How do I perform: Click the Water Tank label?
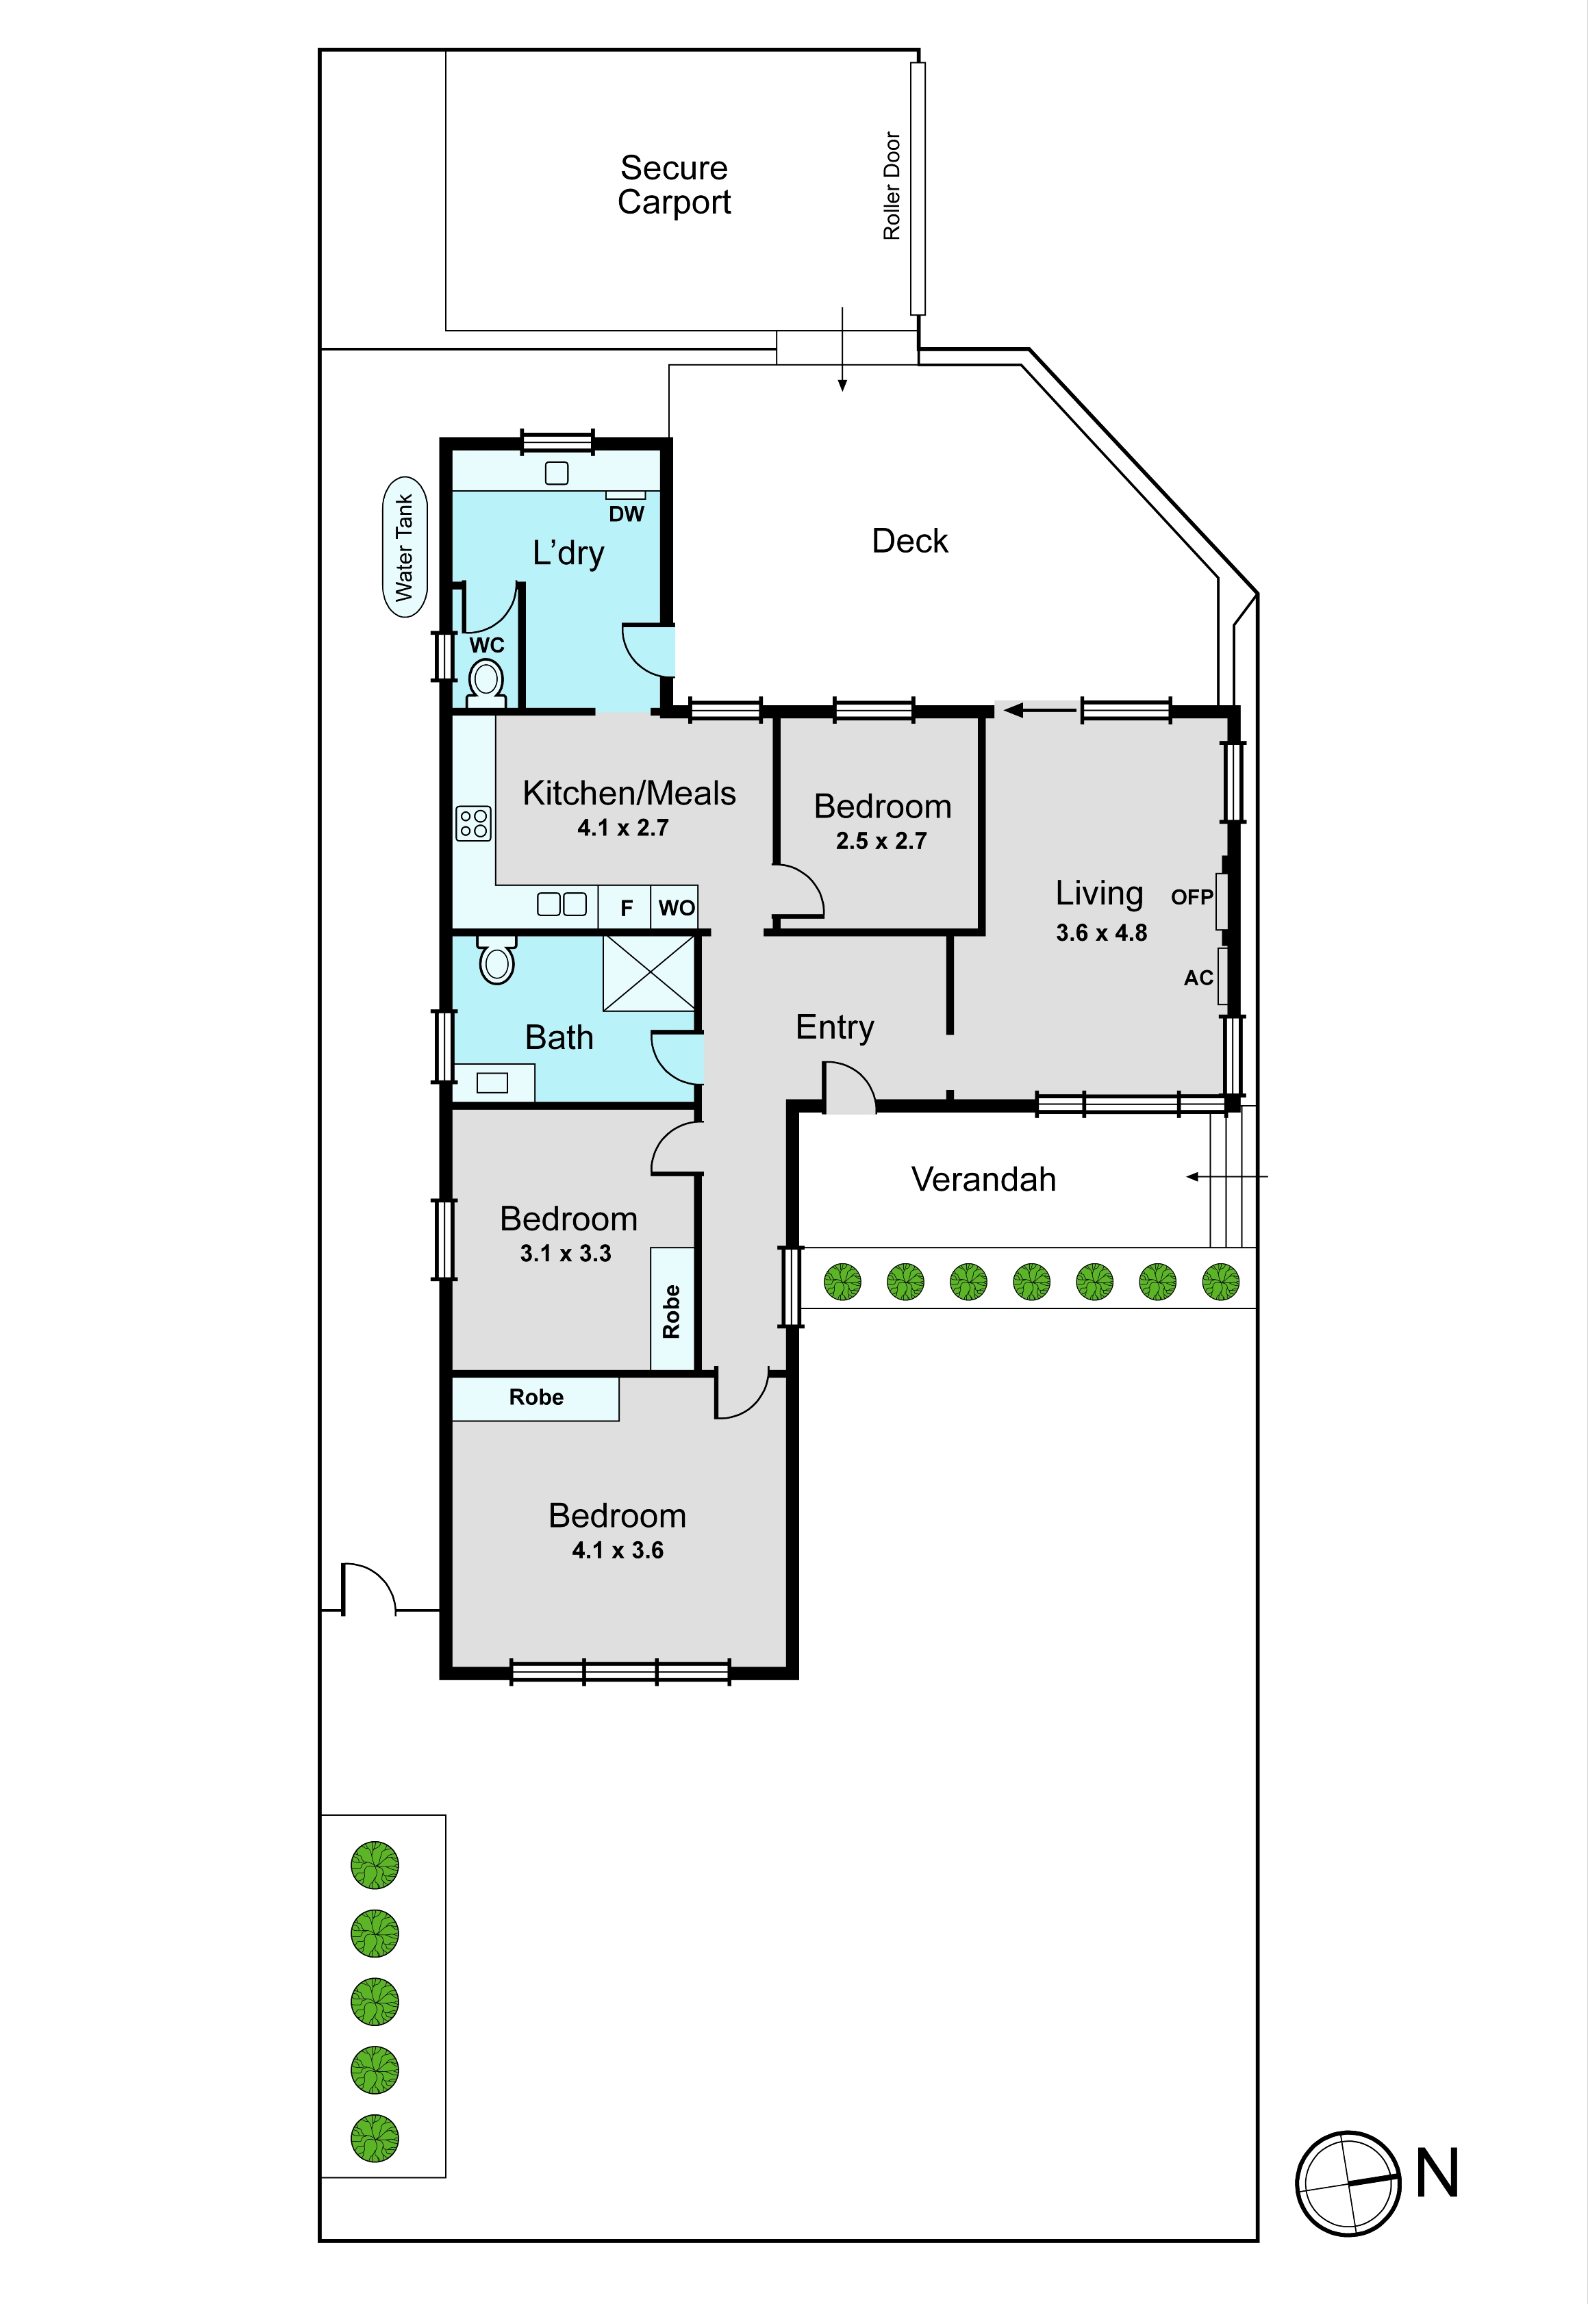[404, 547]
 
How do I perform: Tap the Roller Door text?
[892, 186]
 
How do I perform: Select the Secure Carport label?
[674, 184]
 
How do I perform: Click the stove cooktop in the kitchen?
[474, 823]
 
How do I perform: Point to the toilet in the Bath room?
[496, 959]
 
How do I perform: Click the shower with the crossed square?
[648, 974]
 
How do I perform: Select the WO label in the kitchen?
[677, 907]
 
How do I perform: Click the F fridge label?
[627, 907]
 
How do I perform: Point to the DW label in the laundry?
[627, 514]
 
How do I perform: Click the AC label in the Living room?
[1198, 978]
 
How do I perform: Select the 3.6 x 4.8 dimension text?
[1101, 933]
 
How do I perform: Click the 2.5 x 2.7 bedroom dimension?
[881, 841]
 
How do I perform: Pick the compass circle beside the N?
[1348, 2183]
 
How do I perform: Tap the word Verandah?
[984, 1179]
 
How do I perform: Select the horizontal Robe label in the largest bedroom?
[536, 1397]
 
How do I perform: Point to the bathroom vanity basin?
[492, 1083]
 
